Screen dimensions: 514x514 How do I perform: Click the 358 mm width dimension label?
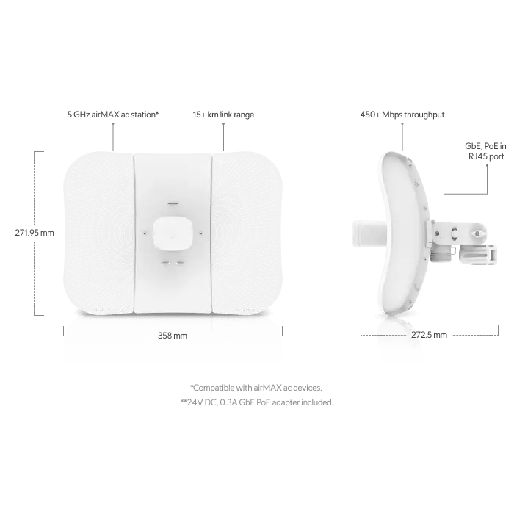pyautogui.click(x=173, y=336)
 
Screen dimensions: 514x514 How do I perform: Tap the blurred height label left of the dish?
pyautogui.click(x=35, y=234)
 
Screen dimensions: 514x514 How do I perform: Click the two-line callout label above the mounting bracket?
pyautogui.click(x=488, y=151)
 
